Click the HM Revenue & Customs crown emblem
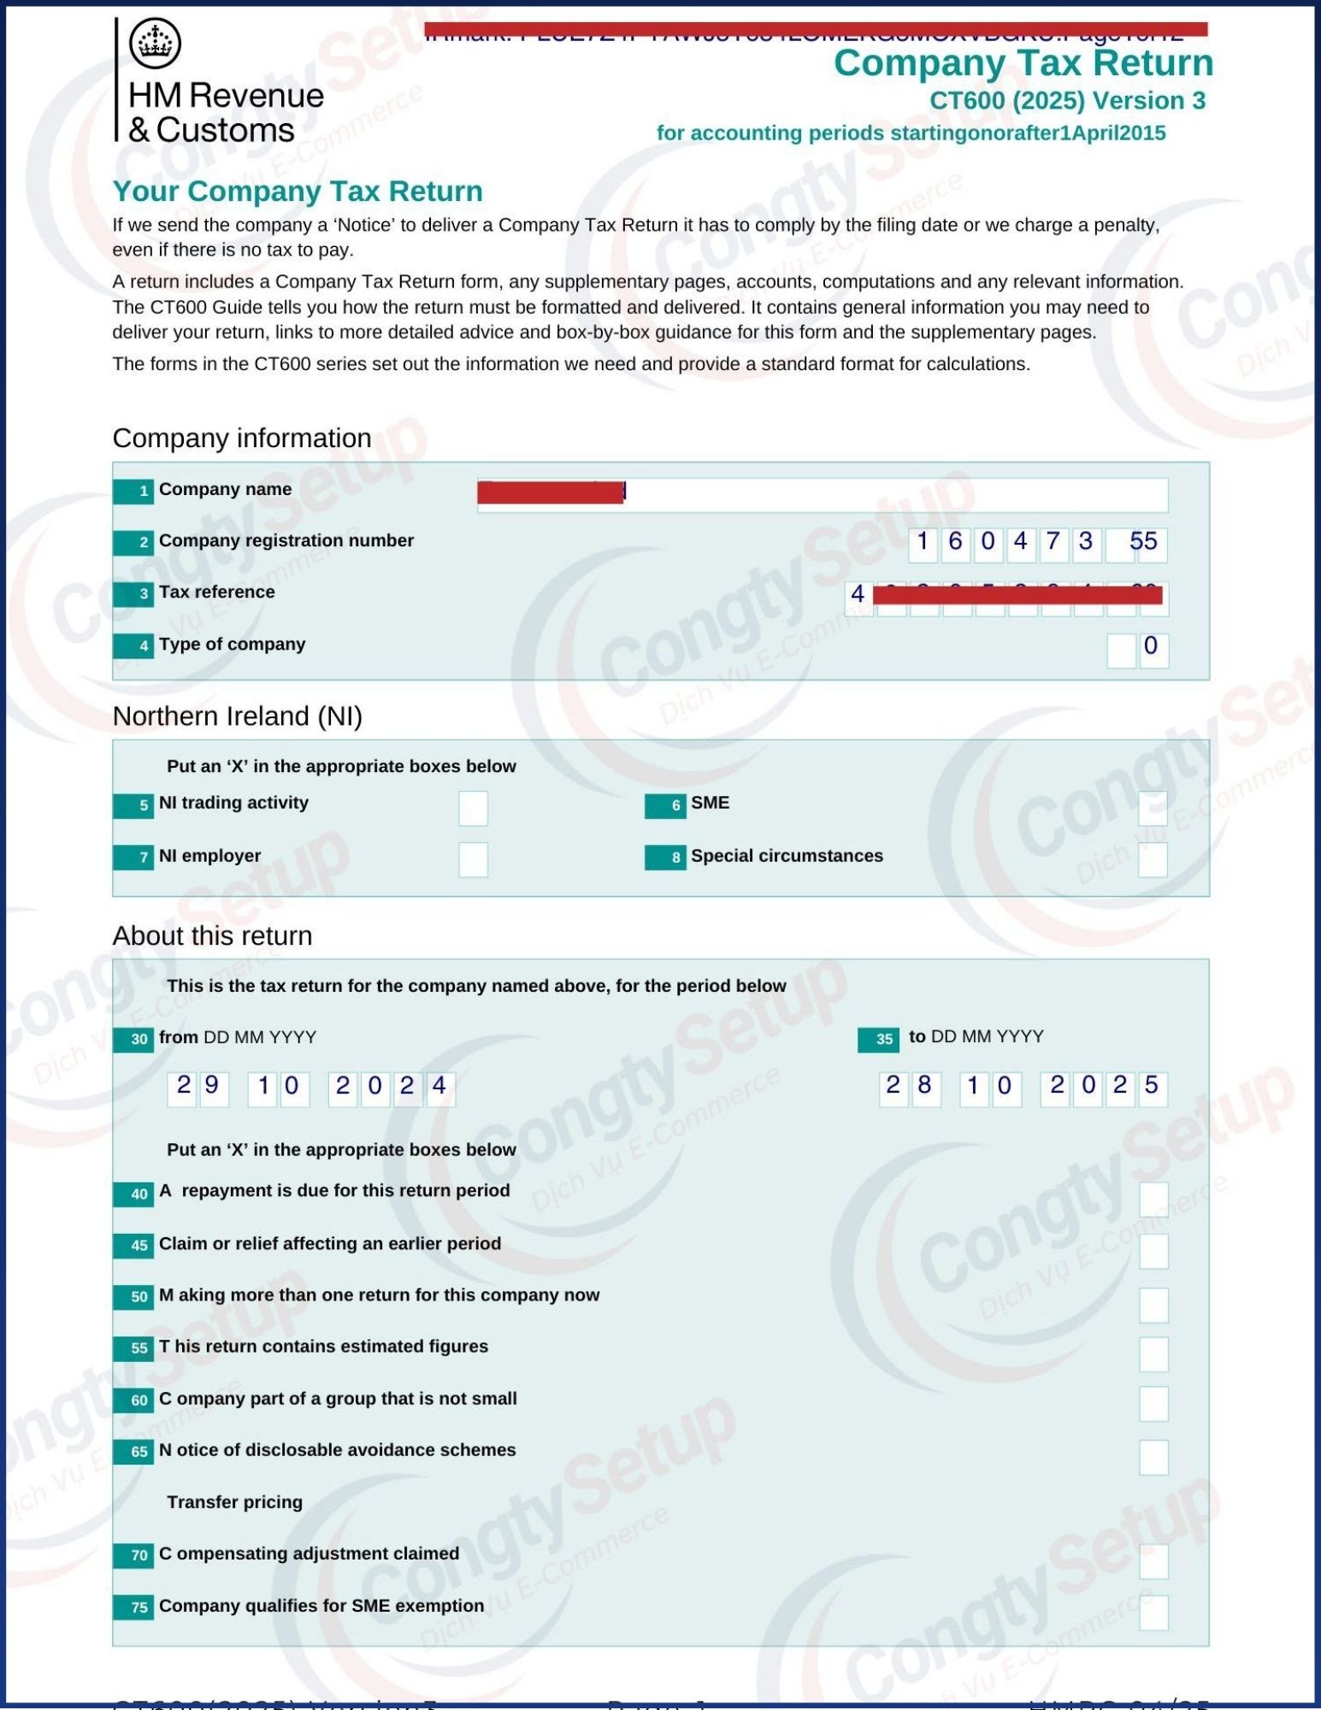click(x=155, y=42)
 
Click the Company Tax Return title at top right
click(x=1023, y=63)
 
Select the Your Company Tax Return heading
click(x=298, y=191)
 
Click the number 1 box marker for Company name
click(x=133, y=491)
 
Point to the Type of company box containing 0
click(x=1152, y=647)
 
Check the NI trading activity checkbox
click(x=473, y=808)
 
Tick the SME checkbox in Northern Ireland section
click(x=1152, y=808)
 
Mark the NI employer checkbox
click(x=473, y=860)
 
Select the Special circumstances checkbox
click(x=1152, y=860)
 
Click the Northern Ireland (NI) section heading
click(x=238, y=716)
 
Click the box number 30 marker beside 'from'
click(x=133, y=1040)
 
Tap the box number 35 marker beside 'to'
click(x=878, y=1039)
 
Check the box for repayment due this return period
click(x=1153, y=1200)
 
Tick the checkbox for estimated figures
click(x=1153, y=1354)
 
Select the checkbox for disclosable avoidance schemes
click(x=1153, y=1458)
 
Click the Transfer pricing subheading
click(x=234, y=1502)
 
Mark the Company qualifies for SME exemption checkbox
click(x=1153, y=1613)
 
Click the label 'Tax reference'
click(x=216, y=592)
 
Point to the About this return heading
click(x=212, y=935)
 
